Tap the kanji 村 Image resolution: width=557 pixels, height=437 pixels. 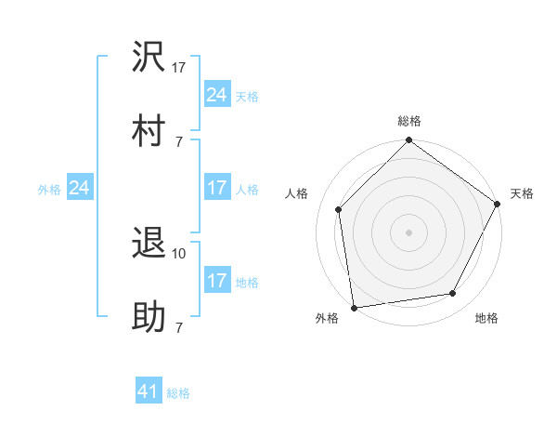(149, 132)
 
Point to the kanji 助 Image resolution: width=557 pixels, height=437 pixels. (149, 318)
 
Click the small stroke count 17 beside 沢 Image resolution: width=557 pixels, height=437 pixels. (179, 67)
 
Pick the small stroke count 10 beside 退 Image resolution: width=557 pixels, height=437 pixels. (179, 253)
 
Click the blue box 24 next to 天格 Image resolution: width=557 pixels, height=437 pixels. (217, 95)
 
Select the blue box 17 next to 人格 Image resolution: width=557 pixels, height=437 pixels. (217, 189)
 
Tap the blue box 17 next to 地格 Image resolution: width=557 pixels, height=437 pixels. (217, 281)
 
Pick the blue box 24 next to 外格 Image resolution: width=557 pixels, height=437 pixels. (80, 189)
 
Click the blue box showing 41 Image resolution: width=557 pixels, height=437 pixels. (149, 392)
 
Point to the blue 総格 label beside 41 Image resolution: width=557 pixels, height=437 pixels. (178, 393)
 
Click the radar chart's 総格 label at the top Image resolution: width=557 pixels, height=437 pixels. (409, 121)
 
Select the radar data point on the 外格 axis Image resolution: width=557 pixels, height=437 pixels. (354, 307)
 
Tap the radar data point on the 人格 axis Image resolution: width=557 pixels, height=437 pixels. (339, 209)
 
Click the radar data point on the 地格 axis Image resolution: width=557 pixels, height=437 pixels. (453, 293)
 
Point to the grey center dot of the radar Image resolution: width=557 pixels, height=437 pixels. (409, 232)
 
